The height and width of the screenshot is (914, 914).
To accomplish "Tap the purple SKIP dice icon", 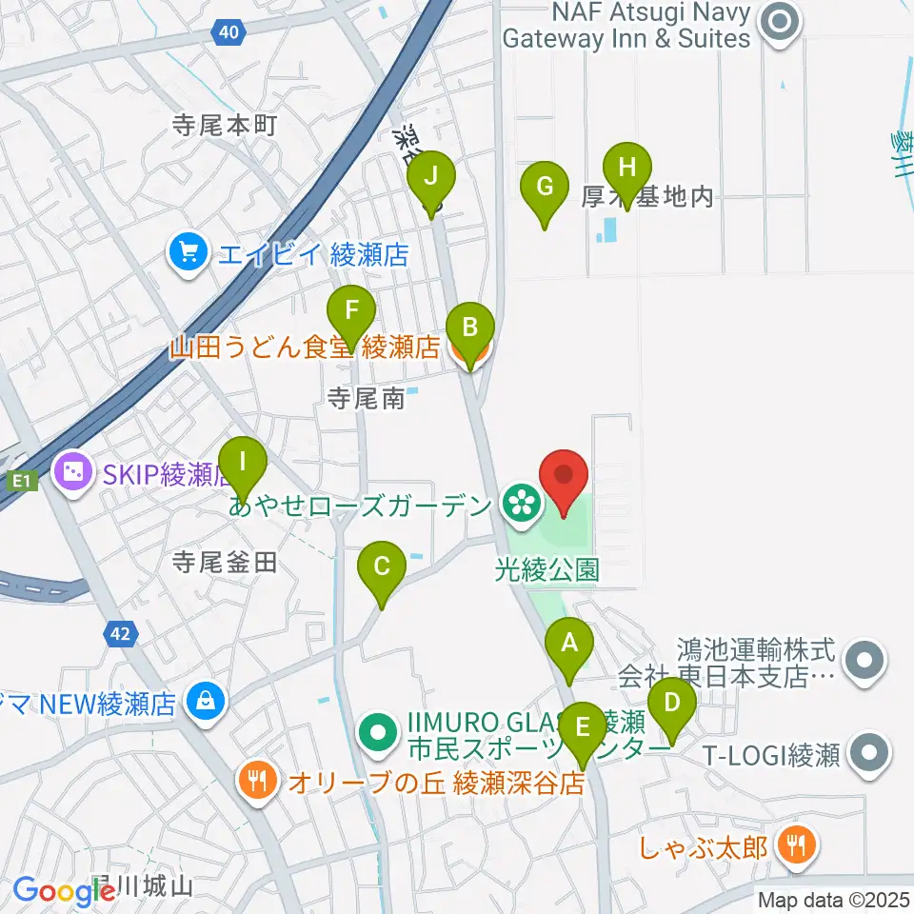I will [74, 469].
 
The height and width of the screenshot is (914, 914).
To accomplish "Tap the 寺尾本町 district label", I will [225, 125].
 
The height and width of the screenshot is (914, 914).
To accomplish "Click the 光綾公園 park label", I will [547, 570].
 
